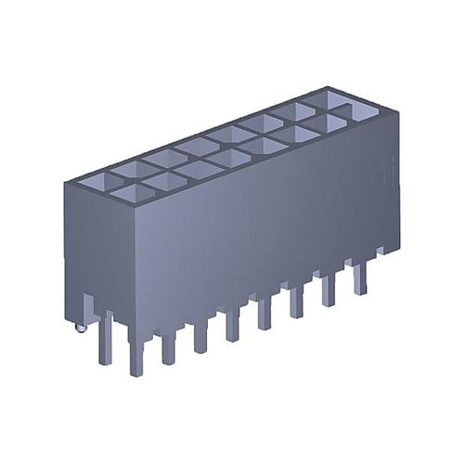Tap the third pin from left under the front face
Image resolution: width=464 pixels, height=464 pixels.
click(x=200, y=337)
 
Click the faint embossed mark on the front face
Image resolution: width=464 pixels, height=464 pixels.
click(x=384, y=172)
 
